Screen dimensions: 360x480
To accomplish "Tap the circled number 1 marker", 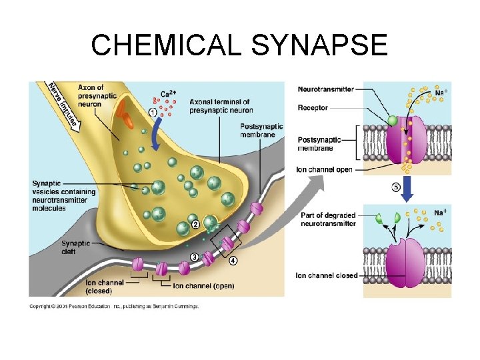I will click(153, 113).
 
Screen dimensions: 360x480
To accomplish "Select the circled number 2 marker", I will click(195, 225).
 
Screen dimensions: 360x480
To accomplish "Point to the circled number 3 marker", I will click(194, 257).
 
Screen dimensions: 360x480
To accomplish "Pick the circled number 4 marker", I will click(233, 261).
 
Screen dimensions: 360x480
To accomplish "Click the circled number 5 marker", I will click(396, 188).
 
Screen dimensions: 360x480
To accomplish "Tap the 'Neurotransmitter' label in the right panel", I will click(326, 89).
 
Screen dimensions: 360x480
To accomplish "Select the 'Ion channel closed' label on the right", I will click(327, 275).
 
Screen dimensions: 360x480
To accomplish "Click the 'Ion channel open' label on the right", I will click(324, 169).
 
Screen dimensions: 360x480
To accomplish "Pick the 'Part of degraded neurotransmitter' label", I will click(328, 219).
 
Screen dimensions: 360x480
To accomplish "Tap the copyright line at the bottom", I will click(113, 307).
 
